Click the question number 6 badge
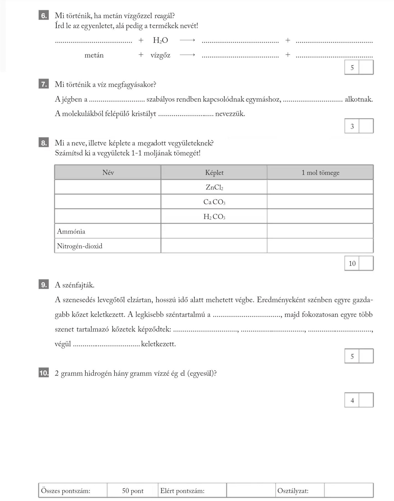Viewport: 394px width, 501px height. pos(44,16)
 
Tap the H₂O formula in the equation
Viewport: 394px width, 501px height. pos(160,41)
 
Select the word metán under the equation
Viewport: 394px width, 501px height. pos(94,55)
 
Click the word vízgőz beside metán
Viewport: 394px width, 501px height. pos(160,55)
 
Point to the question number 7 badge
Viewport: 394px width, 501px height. pos(44,84)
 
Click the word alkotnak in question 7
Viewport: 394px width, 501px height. pos(359,99)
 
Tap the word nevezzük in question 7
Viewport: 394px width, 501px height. pos(230,114)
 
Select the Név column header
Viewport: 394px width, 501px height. pos(108,173)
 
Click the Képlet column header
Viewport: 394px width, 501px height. pos(214,173)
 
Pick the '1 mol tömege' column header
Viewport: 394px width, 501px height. pos(320,173)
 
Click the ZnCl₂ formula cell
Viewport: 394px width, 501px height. pos(214,188)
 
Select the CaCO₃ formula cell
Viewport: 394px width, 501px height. pos(214,202)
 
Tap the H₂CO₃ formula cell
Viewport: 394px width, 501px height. pos(214,217)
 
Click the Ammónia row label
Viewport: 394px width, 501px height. pos(71,231)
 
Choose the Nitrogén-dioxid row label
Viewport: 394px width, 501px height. pos(80,246)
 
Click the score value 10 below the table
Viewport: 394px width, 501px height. pos(352,263)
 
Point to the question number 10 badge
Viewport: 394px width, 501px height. pos(44,373)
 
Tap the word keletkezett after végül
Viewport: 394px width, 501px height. pos(158,344)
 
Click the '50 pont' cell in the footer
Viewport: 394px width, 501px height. pos(133,491)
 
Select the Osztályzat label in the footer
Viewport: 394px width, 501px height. pos(293,491)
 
